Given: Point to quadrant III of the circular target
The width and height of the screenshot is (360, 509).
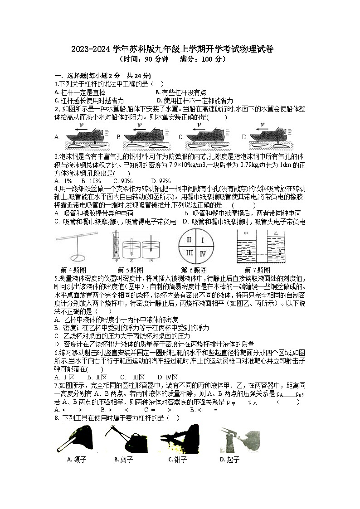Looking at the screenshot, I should point(190,253).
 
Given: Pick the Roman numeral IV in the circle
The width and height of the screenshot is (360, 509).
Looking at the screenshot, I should point(203,253).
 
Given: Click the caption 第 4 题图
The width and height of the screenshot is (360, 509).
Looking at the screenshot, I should point(73,270).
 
